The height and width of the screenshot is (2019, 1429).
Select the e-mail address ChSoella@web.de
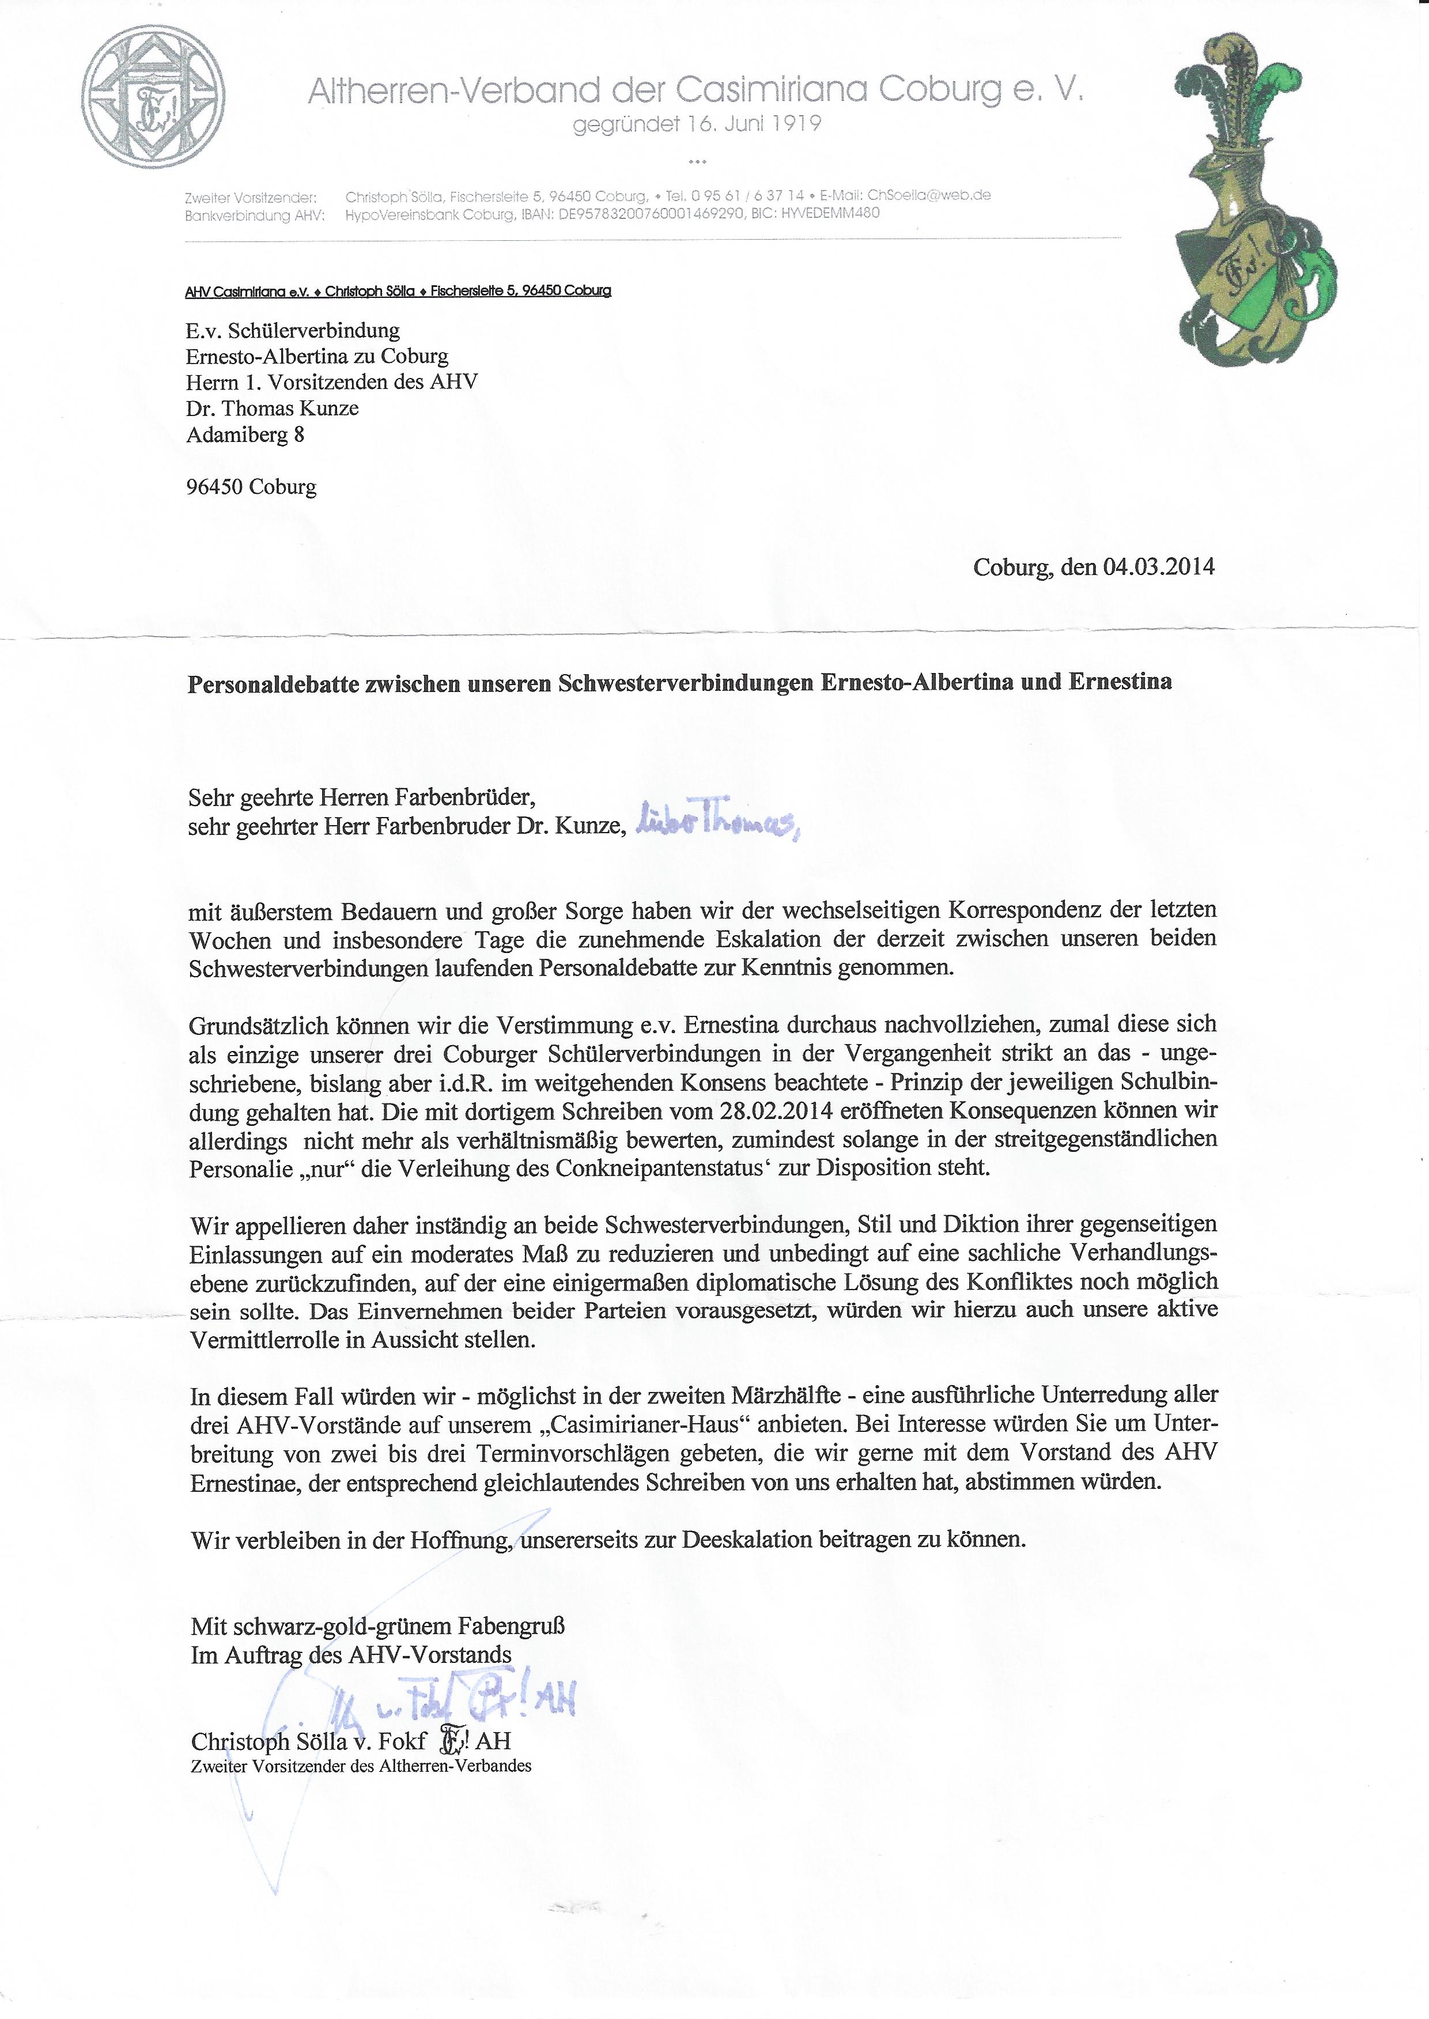click(x=929, y=195)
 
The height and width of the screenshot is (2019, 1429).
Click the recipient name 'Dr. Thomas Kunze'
click(x=272, y=408)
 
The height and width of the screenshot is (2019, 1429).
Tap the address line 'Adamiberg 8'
click(x=245, y=434)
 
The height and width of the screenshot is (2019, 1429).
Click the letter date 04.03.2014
click(x=1159, y=566)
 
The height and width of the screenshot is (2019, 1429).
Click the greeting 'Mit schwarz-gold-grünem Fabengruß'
click(x=377, y=1626)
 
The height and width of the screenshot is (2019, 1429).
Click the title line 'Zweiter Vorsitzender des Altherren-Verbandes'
click(x=361, y=1765)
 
